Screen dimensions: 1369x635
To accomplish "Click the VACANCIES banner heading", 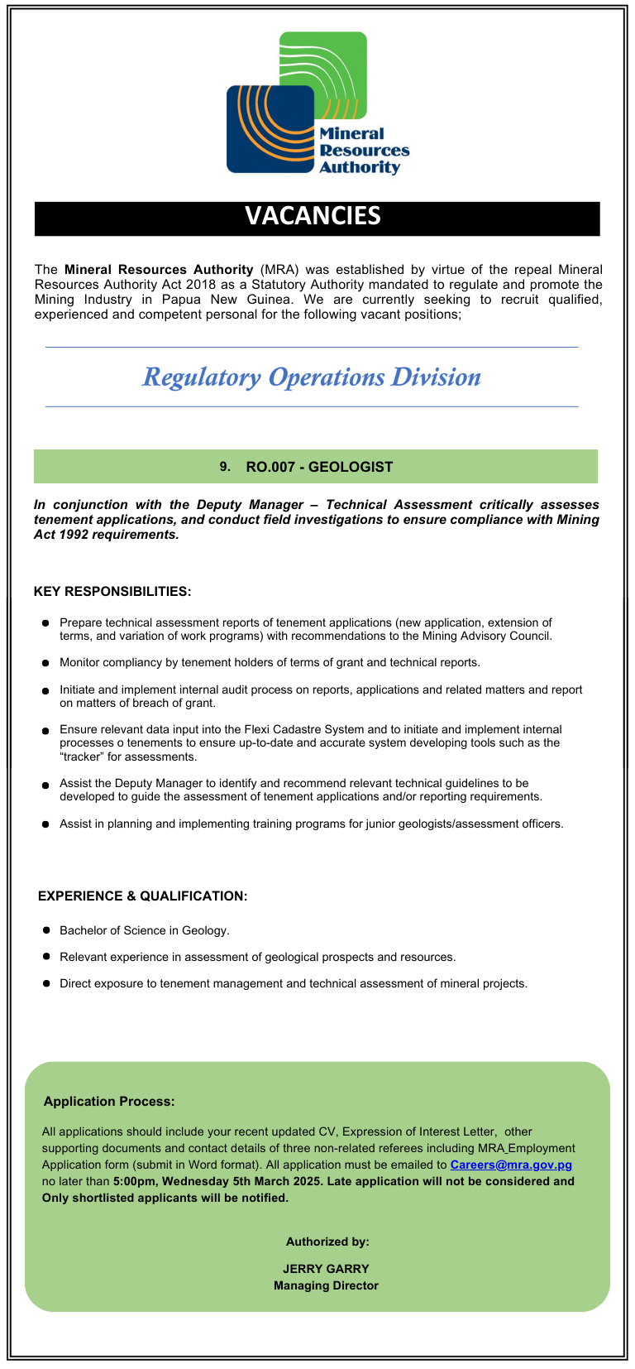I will (313, 216).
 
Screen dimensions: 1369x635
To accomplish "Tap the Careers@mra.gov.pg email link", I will (511, 1165).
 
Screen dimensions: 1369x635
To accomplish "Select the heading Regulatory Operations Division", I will (312, 377).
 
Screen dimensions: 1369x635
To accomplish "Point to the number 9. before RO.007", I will (225, 467).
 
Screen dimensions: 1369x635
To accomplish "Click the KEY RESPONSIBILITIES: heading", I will (112, 592).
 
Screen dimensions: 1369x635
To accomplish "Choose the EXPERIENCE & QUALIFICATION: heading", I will (143, 896).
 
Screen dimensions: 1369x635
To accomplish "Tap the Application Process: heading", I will (109, 1102).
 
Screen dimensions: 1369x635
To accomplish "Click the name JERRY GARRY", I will (326, 1269).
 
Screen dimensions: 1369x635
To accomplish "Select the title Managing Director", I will (326, 1285).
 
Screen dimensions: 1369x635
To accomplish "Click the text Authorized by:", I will (327, 1242).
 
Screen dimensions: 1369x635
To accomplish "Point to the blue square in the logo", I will (260, 132).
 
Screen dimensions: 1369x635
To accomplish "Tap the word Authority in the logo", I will (359, 167).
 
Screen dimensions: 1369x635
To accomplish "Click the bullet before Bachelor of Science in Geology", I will (46, 930).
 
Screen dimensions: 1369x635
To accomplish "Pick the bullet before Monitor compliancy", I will (46, 663).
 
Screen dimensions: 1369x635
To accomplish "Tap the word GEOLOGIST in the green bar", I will (351, 467).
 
